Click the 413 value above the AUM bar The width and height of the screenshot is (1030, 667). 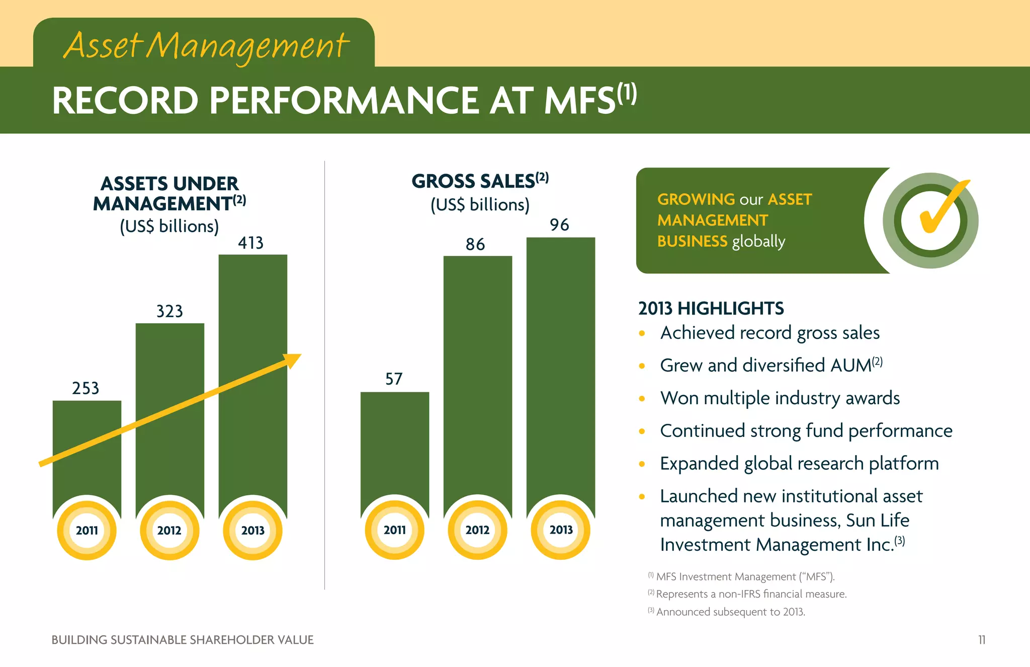click(x=250, y=243)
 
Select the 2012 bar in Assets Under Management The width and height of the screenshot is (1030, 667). click(x=170, y=413)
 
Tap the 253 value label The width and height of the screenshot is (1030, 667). click(x=85, y=388)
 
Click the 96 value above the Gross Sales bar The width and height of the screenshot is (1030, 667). click(x=559, y=225)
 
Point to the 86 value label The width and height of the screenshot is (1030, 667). click(x=475, y=245)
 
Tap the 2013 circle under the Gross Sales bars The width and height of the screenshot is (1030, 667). click(x=561, y=530)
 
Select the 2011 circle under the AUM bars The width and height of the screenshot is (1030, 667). click(x=87, y=530)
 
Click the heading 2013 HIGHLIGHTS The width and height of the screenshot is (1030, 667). click(x=711, y=308)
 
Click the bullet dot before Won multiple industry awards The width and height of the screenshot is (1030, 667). click(x=642, y=399)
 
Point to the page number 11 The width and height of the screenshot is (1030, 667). click(x=981, y=640)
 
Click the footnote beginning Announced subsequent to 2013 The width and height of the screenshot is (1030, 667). click(x=729, y=612)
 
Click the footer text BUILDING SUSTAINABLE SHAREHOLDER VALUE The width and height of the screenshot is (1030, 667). click(x=182, y=640)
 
